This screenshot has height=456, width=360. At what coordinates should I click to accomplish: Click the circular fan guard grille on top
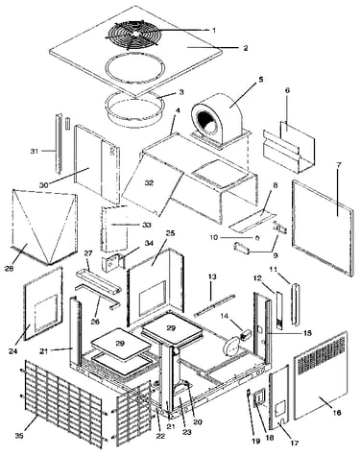(x=134, y=35)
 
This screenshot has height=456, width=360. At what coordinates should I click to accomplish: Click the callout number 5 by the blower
(x=261, y=80)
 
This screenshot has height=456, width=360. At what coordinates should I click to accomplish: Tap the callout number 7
(x=339, y=165)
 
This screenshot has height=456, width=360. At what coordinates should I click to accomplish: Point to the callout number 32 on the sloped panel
(x=149, y=182)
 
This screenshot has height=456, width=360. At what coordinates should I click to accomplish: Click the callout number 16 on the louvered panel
(x=337, y=413)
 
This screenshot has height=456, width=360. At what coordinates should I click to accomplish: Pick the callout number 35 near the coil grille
(x=19, y=436)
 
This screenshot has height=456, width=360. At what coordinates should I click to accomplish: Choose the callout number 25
(x=170, y=233)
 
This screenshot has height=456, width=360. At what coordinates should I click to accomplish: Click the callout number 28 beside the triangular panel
(x=10, y=269)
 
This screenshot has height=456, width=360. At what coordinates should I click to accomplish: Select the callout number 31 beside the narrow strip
(x=35, y=151)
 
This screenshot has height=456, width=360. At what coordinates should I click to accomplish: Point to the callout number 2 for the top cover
(x=246, y=48)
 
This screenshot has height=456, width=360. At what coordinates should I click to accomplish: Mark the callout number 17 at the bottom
(x=295, y=443)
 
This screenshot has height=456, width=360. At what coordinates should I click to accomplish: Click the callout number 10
(x=214, y=237)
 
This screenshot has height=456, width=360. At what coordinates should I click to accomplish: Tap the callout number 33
(x=147, y=225)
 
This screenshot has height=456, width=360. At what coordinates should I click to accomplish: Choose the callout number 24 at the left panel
(x=12, y=351)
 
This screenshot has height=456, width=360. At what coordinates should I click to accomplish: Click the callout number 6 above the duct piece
(x=287, y=90)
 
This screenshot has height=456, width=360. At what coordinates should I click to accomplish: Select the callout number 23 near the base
(x=187, y=432)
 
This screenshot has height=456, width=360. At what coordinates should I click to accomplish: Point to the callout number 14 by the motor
(x=225, y=316)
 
